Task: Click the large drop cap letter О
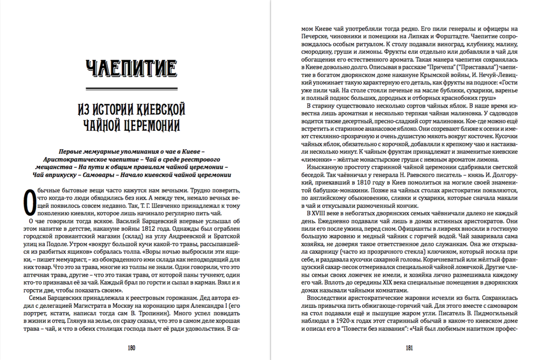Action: click(x=28, y=202)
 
